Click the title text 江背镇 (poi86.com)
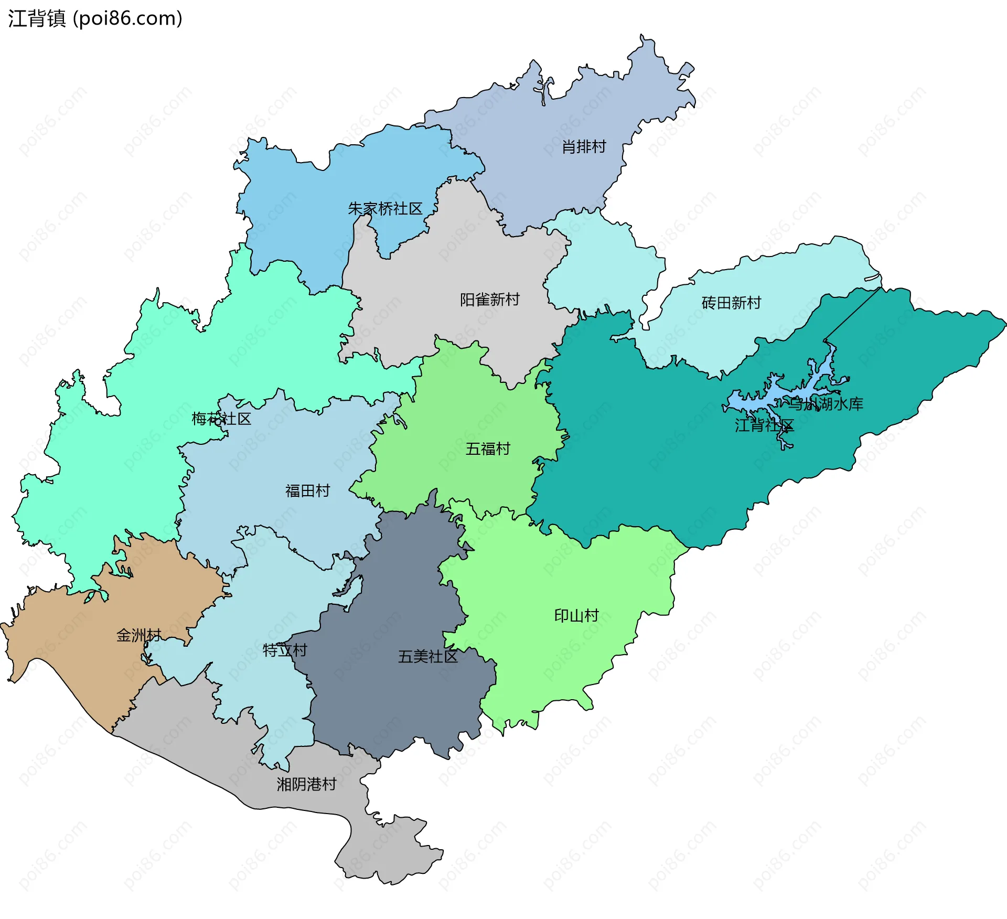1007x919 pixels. pos(95,18)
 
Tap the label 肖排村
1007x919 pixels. pos(584,147)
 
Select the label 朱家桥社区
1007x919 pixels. pos(385,209)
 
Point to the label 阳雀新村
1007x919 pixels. pos(489,300)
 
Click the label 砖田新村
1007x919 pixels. pos(731,303)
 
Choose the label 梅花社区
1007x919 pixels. pos(221,419)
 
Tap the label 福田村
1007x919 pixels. pos(307,490)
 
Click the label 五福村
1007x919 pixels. pos(488,449)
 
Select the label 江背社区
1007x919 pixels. pos(764,425)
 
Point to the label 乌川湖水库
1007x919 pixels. pos(827,404)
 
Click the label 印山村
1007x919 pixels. pos(576,615)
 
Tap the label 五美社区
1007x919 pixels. pos(427,656)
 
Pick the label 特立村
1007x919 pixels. pos(285,650)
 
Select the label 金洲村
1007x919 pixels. pos(138,635)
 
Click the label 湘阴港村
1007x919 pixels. pos(306,784)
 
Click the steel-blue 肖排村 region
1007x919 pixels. pos(551,173)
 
